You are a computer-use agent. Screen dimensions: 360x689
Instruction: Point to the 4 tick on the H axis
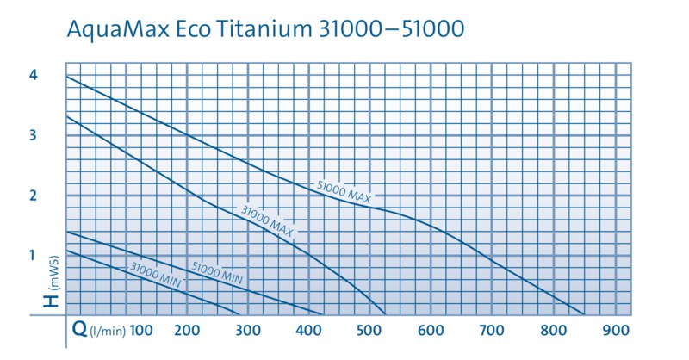pyautogui.click(x=33, y=76)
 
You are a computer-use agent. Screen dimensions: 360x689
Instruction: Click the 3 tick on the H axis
pyautogui.click(x=33, y=135)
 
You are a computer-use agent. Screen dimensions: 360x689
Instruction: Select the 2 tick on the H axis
pyautogui.click(x=33, y=196)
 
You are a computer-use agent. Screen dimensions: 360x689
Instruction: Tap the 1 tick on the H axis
pyautogui.click(x=33, y=255)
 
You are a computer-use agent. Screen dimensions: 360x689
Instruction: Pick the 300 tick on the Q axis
pyautogui.click(x=248, y=330)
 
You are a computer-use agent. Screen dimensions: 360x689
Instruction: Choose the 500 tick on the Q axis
pyautogui.click(x=369, y=330)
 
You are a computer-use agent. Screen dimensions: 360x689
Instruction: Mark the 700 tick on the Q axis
pyautogui.click(x=492, y=330)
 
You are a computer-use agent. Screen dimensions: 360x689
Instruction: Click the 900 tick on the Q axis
pyautogui.click(x=614, y=330)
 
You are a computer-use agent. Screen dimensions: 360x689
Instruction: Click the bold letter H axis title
pyautogui.click(x=53, y=301)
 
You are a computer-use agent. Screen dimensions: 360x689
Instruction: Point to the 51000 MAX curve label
pyautogui.click(x=344, y=192)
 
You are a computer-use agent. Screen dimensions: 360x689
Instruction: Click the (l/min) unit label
pyautogui.click(x=103, y=331)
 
